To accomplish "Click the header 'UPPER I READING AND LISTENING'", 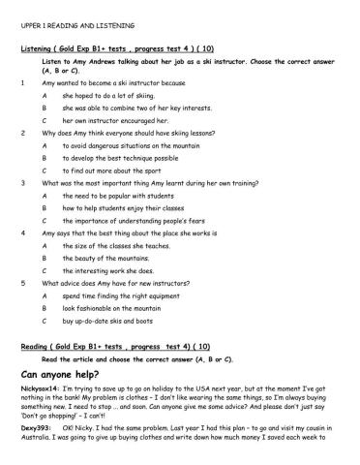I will click(x=78, y=25).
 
